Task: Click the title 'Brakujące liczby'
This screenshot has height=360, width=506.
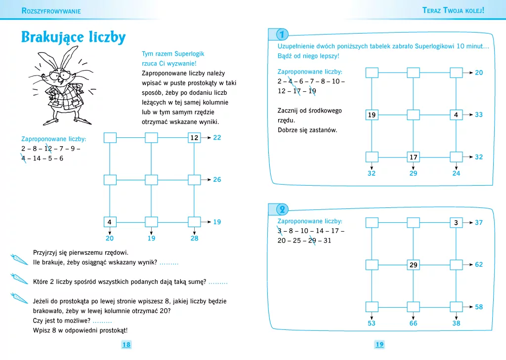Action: [x=73, y=37]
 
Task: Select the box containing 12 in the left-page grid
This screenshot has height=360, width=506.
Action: [x=194, y=138]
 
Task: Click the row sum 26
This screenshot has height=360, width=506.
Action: [x=217, y=180]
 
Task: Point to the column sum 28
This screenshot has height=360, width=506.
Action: [x=194, y=239]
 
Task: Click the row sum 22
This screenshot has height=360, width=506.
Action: [x=217, y=138]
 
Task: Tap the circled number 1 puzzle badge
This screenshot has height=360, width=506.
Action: [x=282, y=35]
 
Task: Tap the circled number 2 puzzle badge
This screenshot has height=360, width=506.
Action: [x=282, y=209]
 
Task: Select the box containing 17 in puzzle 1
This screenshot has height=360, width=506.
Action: [x=414, y=157]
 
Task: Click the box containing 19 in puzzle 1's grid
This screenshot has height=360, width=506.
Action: [x=372, y=115]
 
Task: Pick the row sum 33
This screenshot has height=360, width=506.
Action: [x=478, y=115]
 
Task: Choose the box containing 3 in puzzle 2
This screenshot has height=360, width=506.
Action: [x=456, y=223]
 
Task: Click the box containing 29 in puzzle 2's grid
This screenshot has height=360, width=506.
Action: [x=414, y=265]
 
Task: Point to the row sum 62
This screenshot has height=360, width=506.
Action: [x=478, y=265]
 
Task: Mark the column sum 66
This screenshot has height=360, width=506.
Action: [x=413, y=323]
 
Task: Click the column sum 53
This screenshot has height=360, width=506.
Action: [x=372, y=323]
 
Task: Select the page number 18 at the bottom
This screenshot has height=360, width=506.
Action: [x=126, y=345]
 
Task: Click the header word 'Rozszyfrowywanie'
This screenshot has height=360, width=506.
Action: [x=51, y=11]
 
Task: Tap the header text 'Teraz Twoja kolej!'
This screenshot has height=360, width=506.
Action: [x=453, y=10]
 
